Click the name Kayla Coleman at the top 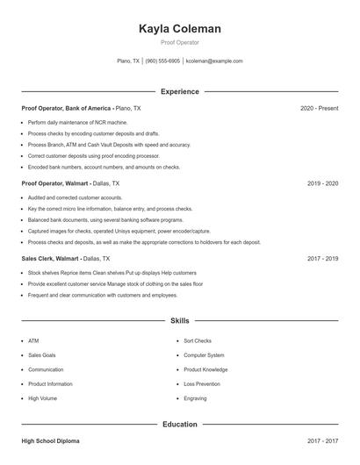tap(180, 29)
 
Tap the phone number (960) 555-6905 tap(162, 61)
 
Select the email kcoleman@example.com tap(214, 61)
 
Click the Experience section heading tap(180, 91)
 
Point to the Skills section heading tap(180, 321)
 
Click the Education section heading tap(180, 425)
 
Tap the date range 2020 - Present tap(319, 108)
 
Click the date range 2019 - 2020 tap(322, 183)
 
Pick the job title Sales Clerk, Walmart tap(50, 259)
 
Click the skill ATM tap(33, 340)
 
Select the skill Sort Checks tap(198, 340)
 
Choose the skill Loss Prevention tap(202, 383)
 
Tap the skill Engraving tap(196, 398)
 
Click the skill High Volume tap(42, 398)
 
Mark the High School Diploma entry tap(52, 441)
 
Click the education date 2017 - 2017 tap(322, 441)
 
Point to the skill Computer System tap(204, 355)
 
